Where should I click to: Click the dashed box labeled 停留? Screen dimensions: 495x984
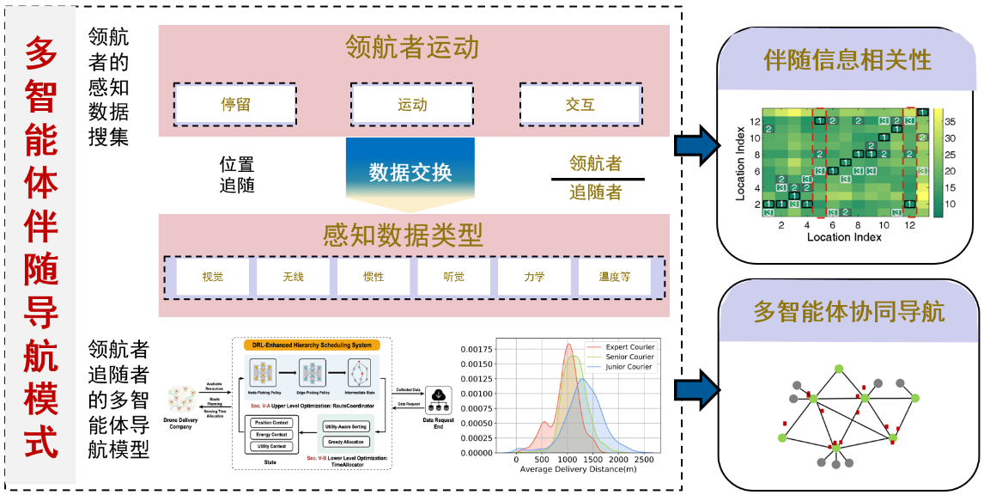click(235, 105)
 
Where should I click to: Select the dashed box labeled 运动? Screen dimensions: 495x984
click(412, 105)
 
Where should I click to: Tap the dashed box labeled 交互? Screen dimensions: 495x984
click(580, 105)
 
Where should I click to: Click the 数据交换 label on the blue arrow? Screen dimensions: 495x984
click(410, 172)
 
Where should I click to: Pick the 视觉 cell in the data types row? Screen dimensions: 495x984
click(212, 277)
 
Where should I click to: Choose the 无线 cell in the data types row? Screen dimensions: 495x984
click(293, 277)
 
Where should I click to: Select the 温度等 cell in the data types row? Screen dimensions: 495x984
click(614, 277)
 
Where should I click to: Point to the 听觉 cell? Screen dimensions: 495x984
click(453, 277)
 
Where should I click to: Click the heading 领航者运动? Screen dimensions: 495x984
click(412, 47)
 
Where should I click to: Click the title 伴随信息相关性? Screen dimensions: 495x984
click(847, 60)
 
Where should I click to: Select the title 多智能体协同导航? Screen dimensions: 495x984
click(848, 311)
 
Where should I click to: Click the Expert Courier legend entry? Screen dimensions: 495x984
click(629, 347)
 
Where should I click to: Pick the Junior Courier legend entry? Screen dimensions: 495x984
click(629, 367)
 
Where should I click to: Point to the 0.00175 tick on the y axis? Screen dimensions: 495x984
click(477, 350)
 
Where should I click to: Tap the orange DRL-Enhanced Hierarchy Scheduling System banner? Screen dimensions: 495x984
click(312, 345)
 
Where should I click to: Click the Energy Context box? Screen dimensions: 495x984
click(271, 434)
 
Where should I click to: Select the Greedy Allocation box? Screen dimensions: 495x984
click(346, 442)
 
